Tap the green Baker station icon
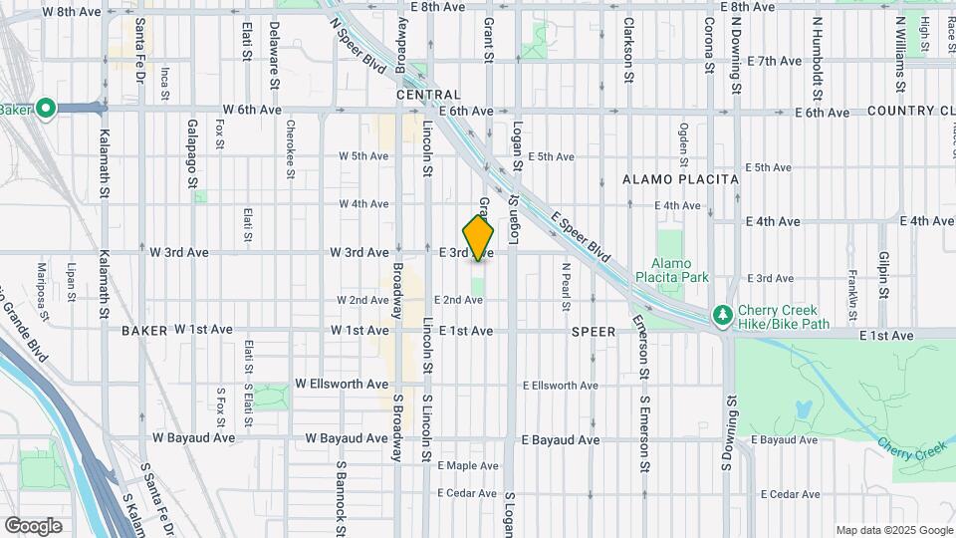click(x=46, y=110)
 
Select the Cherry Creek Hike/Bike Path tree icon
click(x=721, y=315)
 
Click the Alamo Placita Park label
click(x=682, y=269)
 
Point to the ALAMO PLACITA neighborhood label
click(x=680, y=179)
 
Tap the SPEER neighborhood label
click(x=596, y=330)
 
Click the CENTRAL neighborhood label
click(x=427, y=95)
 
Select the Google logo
click(x=33, y=525)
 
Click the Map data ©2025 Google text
click(x=893, y=530)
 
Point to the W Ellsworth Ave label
click(x=342, y=384)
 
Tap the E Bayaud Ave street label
click(x=560, y=439)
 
